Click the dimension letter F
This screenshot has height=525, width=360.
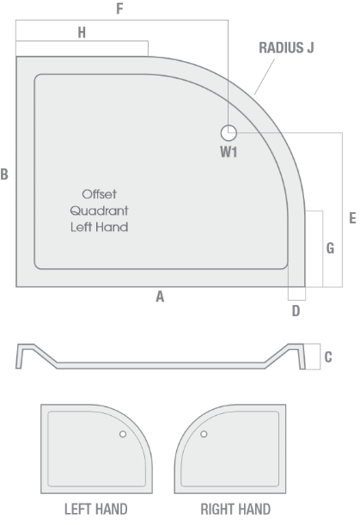119,9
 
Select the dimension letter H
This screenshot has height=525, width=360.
82,33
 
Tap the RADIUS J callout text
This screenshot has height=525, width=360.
286,48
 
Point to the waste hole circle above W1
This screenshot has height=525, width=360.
229,133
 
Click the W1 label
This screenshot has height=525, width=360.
229,152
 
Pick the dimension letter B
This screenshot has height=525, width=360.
4,174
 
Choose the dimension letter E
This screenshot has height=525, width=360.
352,218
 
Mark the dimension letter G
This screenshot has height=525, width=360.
330,248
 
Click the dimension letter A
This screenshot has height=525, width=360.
160,296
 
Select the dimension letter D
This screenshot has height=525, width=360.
296,311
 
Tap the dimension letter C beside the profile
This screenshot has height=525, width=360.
328,357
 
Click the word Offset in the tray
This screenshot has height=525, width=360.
100,194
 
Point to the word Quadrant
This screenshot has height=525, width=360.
100,211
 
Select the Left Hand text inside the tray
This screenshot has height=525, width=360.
100,227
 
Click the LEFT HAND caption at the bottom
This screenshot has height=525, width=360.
96,510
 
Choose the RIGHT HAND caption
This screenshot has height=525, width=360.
235,510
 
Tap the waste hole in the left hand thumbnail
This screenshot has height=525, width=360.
123,434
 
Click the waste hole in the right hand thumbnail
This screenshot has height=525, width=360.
204,434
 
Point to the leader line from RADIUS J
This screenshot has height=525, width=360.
265,76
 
